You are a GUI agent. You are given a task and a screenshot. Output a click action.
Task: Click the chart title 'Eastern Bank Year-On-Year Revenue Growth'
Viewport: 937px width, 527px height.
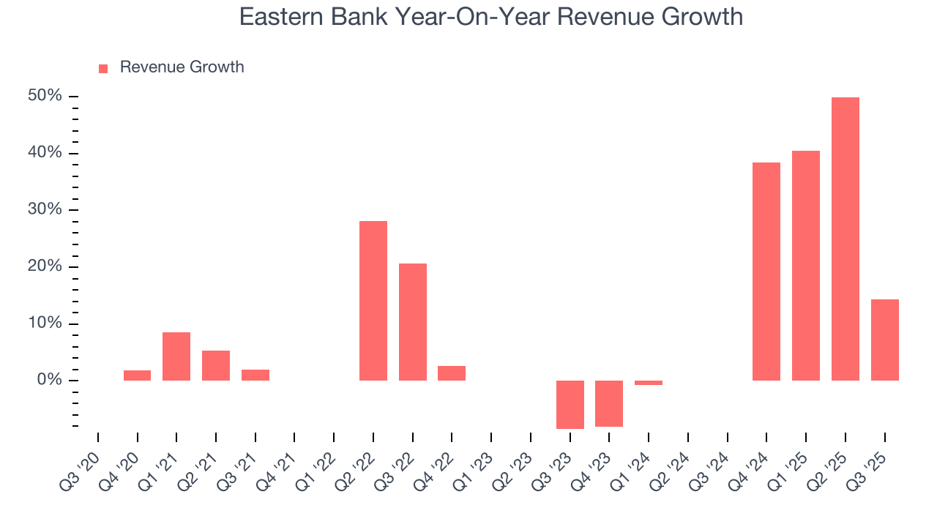tap(490, 17)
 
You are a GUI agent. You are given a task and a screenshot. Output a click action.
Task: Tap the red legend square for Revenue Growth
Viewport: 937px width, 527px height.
tap(103, 68)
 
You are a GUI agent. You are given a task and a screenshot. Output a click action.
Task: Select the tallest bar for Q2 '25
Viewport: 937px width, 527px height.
tap(845, 239)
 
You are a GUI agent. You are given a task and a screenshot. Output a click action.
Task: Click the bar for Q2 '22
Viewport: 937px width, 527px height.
tap(373, 300)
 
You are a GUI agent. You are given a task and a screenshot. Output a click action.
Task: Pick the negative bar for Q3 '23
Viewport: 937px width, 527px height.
tap(570, 404)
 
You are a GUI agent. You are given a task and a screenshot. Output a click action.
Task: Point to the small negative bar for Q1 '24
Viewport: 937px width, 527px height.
tap(649, 383)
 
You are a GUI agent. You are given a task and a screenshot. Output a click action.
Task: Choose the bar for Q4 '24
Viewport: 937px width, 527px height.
tap(766, 271)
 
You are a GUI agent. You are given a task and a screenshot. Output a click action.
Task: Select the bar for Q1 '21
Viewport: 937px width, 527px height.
tap(176, 356)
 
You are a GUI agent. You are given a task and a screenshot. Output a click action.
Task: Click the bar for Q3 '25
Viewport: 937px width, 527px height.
tap(884, 340)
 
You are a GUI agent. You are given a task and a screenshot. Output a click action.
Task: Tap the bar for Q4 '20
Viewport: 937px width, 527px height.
tap(137, 375)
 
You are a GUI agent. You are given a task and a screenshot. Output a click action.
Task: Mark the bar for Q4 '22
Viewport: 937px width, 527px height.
tap(452, 373)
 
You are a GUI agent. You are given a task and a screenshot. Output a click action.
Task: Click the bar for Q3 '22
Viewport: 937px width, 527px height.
tap(413, 322)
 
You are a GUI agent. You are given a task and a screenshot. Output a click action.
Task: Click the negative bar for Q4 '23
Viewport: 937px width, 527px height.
tap(609, 403)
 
